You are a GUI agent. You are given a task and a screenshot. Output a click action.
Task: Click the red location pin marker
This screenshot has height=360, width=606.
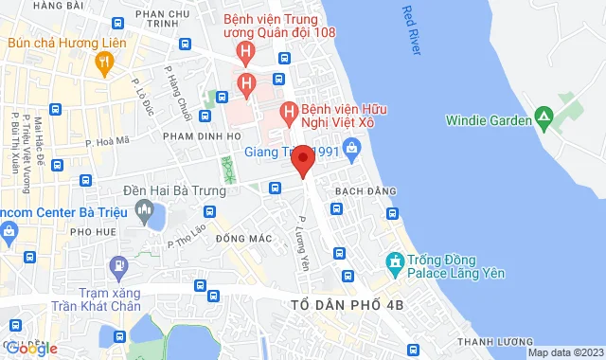[302, 160]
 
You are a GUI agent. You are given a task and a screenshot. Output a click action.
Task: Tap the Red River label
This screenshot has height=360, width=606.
[410, 31]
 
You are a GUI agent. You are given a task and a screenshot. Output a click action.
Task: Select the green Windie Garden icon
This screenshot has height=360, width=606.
[544, 119]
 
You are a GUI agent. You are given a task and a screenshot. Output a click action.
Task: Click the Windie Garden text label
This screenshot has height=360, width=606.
[487, 119]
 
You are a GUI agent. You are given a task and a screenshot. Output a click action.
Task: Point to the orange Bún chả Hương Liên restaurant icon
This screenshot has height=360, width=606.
[105, 63]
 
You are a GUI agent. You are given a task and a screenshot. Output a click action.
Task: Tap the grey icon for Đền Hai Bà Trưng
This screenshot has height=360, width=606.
[145, 217]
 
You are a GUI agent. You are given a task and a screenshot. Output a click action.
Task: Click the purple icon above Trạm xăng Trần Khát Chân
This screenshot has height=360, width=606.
[117, 265]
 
